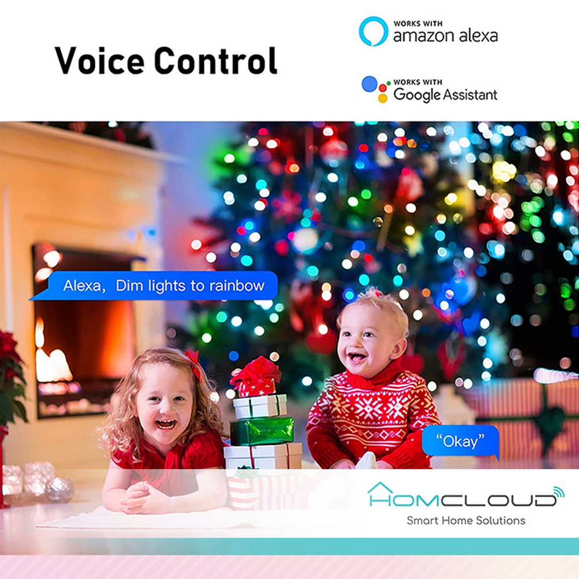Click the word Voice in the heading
(100, 61)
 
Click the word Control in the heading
(215, 61)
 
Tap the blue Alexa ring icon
(373, 31)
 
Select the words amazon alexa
(445, 36)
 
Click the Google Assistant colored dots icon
(376, 89)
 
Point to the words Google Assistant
(445, 94)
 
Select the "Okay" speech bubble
(460, 441)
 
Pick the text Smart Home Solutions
(466, 521)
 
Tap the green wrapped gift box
(262, 431)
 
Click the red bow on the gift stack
(255, 376)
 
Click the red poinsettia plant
(11, 377)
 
